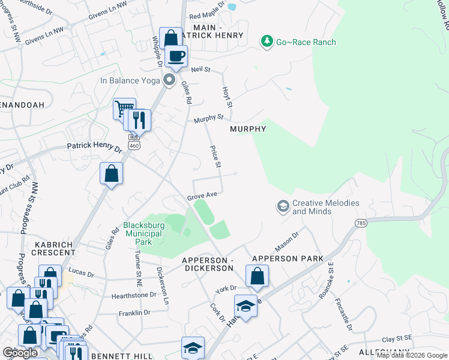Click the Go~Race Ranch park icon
click(267, 41)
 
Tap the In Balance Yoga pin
click(170, 80)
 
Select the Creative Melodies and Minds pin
click(283, 207)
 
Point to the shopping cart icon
click(124, 109)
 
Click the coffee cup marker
click(176, 56)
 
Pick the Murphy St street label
click(208, 119)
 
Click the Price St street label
click(215, 156)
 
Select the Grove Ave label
click(201, 196)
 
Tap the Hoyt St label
click(227, 96)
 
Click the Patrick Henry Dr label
click(94, 146)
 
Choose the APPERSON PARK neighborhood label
click(288, 259)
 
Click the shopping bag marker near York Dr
click(257, 276)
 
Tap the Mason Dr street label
click(286, 242)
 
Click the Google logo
click(20, 353)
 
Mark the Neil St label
click(200, 70)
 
